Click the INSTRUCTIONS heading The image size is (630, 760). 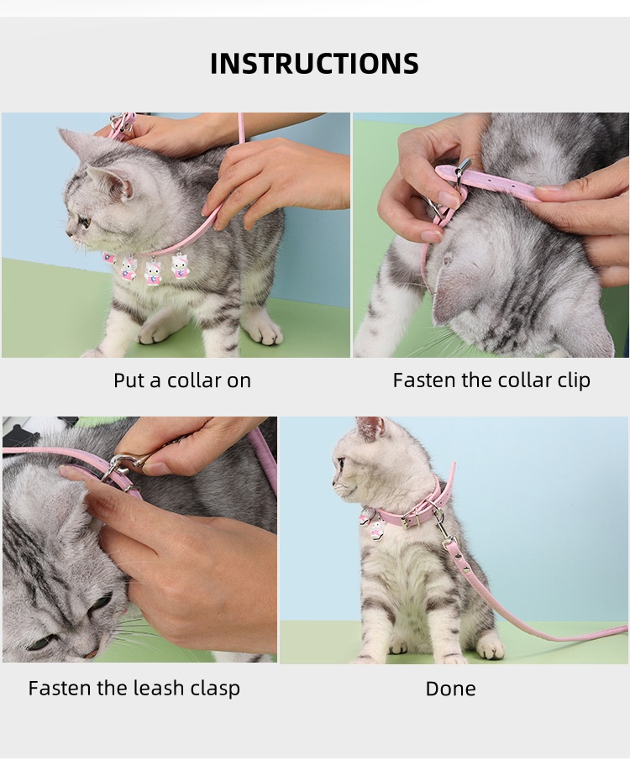pos(314,63)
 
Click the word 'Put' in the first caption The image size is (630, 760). pos(129,380)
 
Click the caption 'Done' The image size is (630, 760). pos(450,689)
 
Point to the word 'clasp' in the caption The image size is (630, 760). pos(215,689)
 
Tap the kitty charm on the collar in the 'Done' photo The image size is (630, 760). pos(376,532)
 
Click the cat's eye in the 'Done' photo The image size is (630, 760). pos(341,464)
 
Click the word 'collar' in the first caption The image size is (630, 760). pos(192,380)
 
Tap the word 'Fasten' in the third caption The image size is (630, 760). pos(59,688)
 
